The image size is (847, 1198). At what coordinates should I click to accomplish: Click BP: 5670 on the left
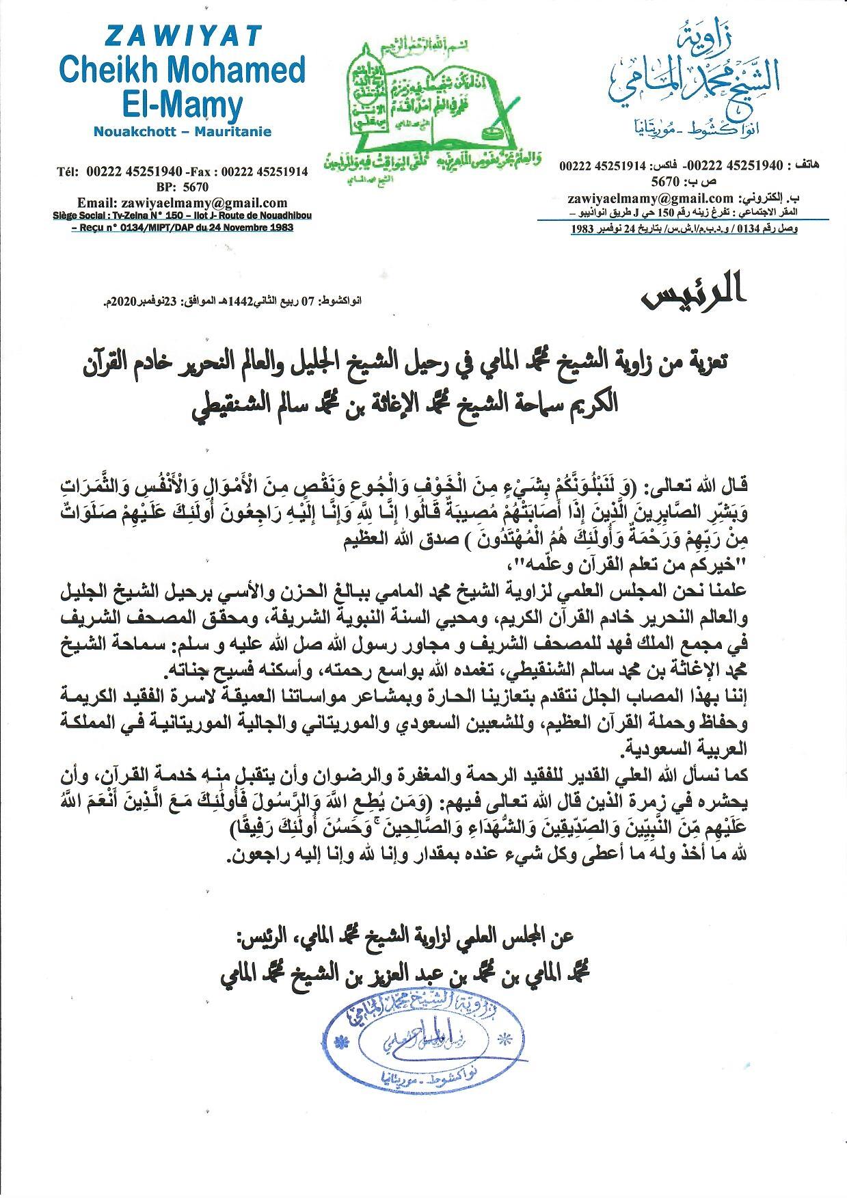[x=183, y=187]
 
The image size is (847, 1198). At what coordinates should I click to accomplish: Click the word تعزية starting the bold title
[x=708, y=363]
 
